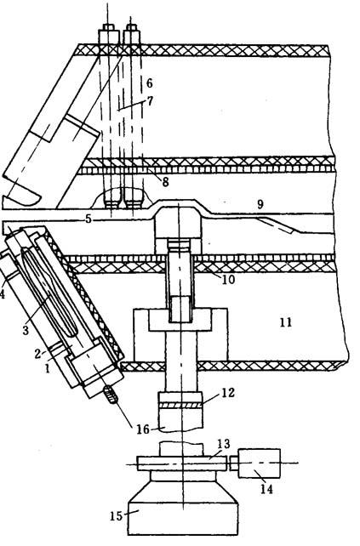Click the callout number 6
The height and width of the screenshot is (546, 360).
coord(149,83)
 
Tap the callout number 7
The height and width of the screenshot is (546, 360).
coord(150,101)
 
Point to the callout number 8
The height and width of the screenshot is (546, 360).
coord(165,182)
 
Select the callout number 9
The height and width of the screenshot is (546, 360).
coord(260,204)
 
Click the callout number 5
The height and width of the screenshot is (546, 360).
coord(89,219)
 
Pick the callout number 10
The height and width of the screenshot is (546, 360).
coord(228,279)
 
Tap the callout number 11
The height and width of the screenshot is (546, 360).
coord(285,322)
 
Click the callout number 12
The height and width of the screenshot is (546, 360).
coord(227,393)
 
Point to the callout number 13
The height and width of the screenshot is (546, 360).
coord(223,444)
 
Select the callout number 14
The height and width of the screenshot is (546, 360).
coord(266,489)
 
